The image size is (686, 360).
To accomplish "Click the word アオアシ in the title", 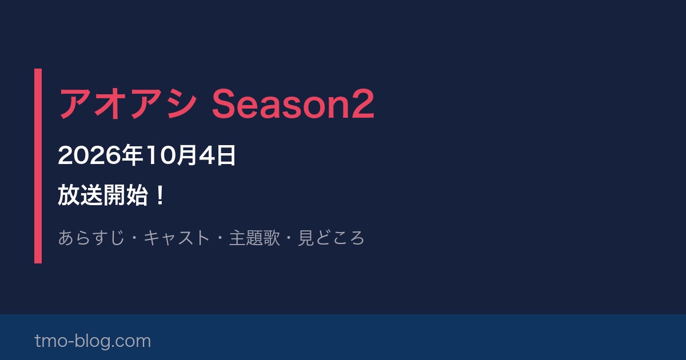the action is point(127,103).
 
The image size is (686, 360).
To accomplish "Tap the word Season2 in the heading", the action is point(293,103).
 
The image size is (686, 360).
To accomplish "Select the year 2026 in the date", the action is point(89,155).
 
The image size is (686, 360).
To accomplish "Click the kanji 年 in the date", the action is point(132,155).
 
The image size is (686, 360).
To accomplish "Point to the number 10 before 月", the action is point(161,155).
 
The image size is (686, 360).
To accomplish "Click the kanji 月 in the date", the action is point(187,155).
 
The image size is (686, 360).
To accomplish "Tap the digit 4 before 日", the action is point(208,155).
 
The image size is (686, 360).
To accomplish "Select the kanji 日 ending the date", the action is point(226,155).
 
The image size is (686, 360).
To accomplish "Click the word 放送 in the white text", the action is point(80,195).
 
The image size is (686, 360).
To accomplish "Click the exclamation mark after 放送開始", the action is point(160,195).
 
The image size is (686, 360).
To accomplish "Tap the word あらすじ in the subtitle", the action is point(91,238).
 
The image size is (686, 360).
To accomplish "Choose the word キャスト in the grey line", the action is point(177,238).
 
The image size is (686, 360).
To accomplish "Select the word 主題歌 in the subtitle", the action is point(254,238).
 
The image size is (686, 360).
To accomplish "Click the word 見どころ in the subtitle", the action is point(331,238).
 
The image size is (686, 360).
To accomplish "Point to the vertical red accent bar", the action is point(38,166).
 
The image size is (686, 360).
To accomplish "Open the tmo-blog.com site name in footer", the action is point(93,341).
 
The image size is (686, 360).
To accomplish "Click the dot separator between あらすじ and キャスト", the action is point(134,238).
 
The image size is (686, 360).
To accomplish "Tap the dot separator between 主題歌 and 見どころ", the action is point(289,238).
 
